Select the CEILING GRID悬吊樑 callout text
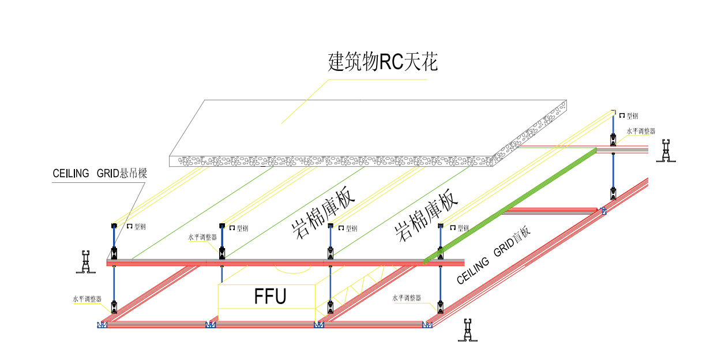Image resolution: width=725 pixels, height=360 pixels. [x=100, y=173]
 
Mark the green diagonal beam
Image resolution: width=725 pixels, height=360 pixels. [x=510, y=205]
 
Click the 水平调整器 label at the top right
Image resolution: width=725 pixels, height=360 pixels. [x=641, y=132]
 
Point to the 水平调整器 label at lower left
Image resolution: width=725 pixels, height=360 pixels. [x=87, y=299]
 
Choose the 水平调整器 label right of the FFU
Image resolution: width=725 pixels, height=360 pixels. [x=407, y=298]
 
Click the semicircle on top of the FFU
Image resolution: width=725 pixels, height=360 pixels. [x=294, y=269]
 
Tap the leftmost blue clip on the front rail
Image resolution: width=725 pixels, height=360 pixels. [x=102, y=325]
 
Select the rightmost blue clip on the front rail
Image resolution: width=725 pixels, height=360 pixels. [x=427, y=325]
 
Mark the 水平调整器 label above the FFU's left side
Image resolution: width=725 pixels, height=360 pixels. [x=202, y=237]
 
